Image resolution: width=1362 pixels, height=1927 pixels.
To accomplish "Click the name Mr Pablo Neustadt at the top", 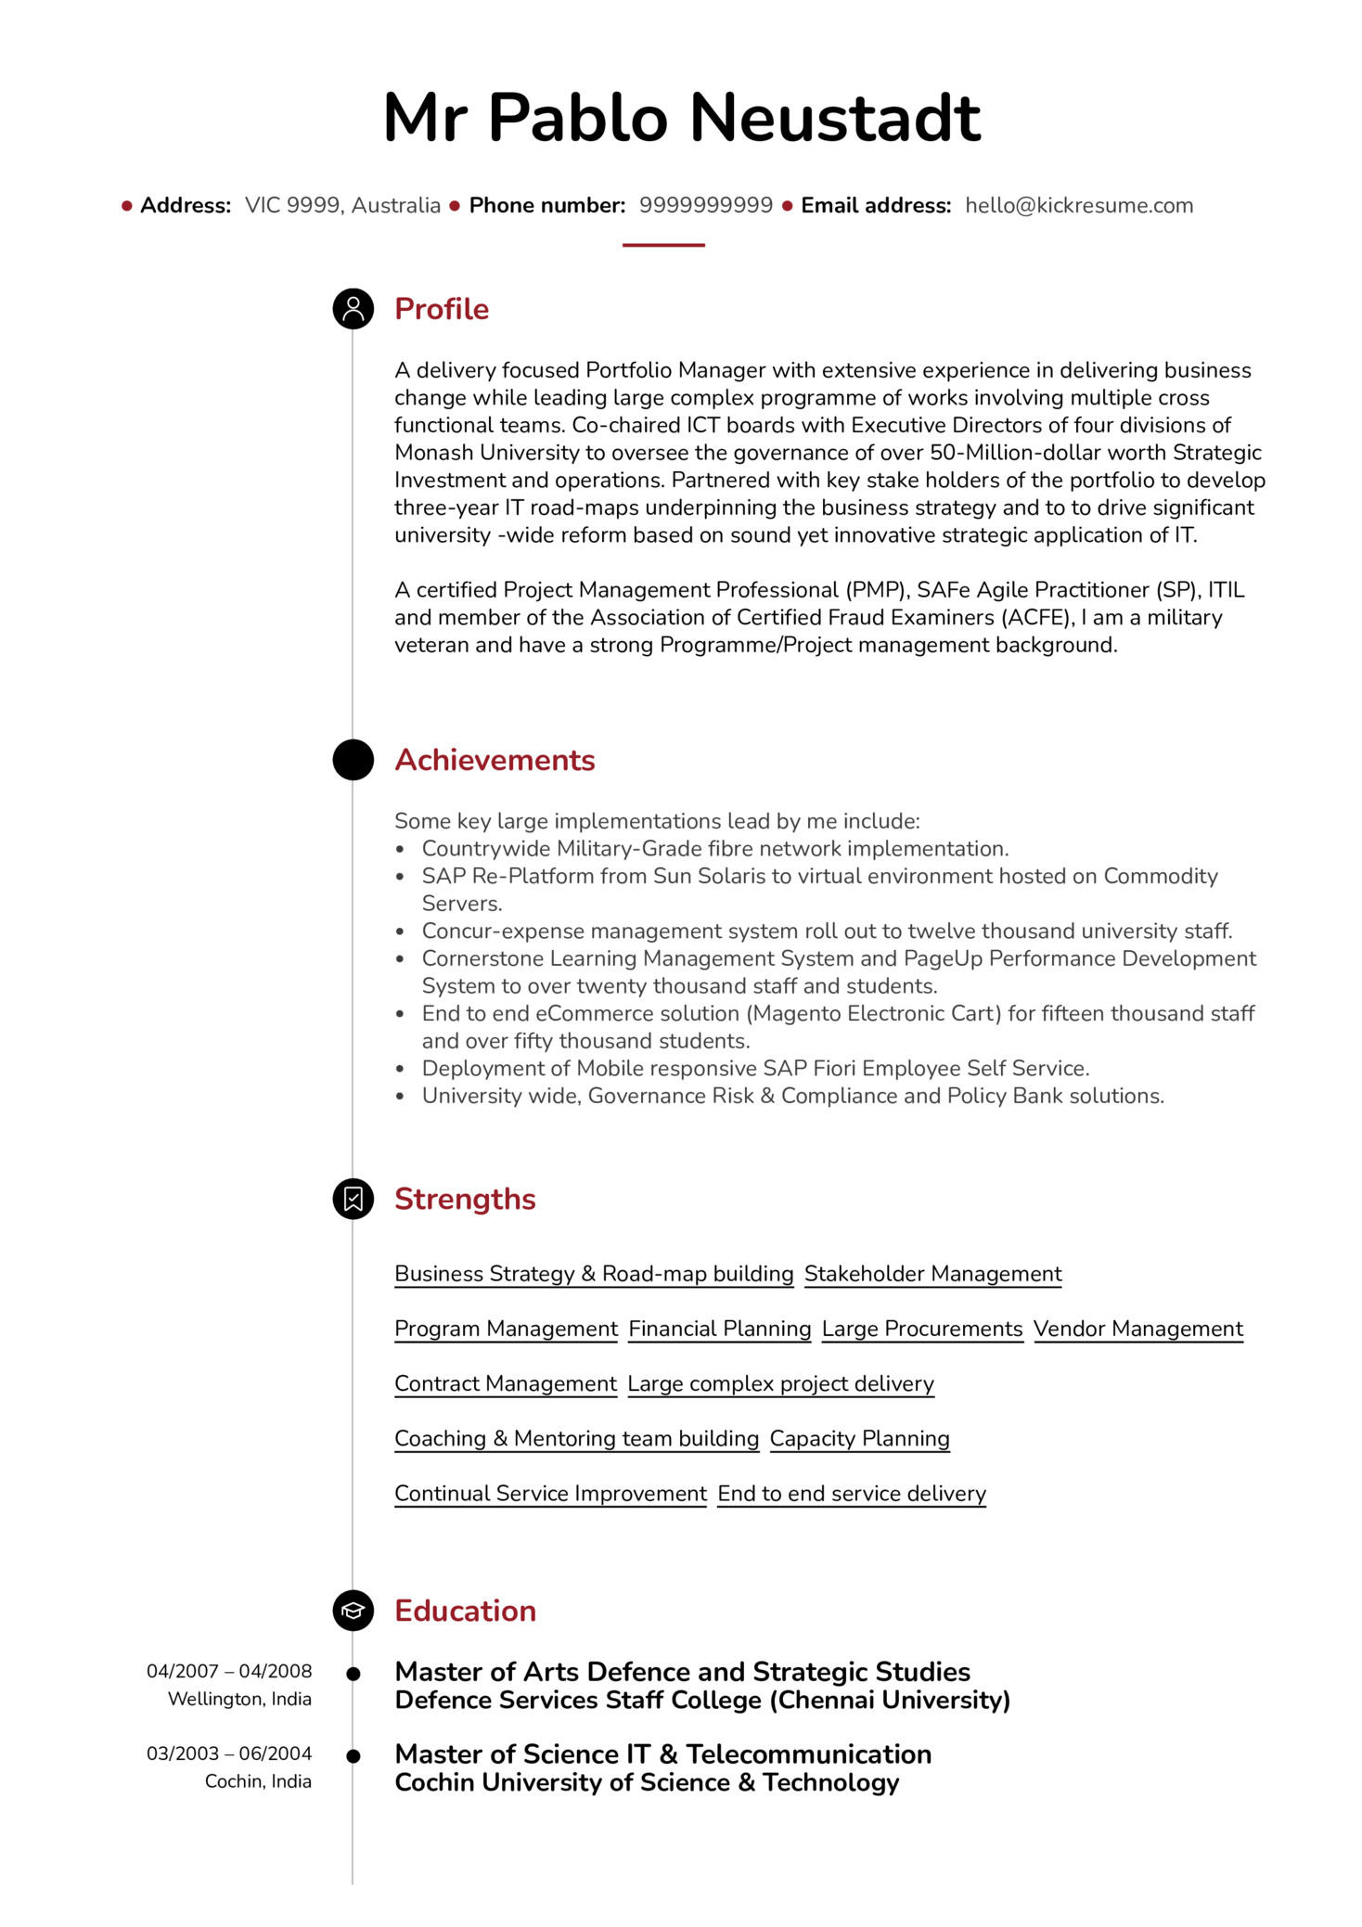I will click(x=681, y=118).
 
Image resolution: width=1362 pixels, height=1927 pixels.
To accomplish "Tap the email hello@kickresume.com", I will click(x=1078, y=205).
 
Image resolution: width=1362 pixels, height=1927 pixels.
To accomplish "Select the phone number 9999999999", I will click(x=705, y=205).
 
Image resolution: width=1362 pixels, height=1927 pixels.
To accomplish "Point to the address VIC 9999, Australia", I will click(x=342, y=205).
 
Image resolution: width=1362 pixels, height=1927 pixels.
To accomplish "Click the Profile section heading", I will click(x=441, y=309).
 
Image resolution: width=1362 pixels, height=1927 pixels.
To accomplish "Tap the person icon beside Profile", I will click(x=353, y=309).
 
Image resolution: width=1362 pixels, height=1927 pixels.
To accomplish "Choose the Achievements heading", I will click(x=495, y=760).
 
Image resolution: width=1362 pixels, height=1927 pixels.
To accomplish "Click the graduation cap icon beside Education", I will click(x=353, y=1611).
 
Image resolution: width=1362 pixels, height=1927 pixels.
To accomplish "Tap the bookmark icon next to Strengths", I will click(x=353, y=1199).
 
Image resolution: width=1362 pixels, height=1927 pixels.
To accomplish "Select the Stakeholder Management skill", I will click(x=932, y=1274).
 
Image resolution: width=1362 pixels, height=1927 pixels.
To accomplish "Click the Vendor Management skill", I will click(x=1137, y=1329).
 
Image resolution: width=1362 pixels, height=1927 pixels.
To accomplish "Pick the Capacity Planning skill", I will click(x=859, y=1438).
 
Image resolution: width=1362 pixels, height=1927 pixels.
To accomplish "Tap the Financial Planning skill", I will click(x=719, y=1329).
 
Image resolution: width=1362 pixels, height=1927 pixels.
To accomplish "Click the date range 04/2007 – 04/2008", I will click(x=229, y=1671).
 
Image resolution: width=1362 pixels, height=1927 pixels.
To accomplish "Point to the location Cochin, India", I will click(x=258, y=1781).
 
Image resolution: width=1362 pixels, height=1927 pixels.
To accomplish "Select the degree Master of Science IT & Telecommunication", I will click(x=662, y=1754).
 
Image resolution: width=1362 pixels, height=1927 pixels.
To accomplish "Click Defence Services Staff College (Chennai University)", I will click(x=701, y=1700).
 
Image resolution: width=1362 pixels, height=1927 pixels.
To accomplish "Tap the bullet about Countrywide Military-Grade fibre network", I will click(x=714, y=849).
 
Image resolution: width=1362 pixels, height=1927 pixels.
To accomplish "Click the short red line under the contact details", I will click(x=663, y=245).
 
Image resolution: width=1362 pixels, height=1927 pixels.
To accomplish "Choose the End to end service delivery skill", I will click(x=851, y=1493).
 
